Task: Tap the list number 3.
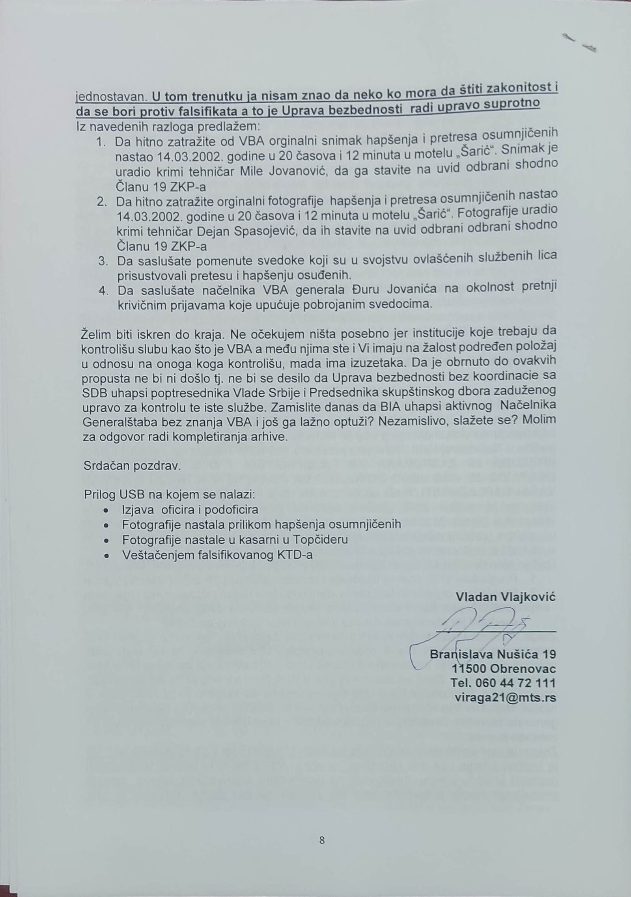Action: pyautogui.click(x=103, y=261)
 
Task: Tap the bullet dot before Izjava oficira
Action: pyautogui.click(x=105, y=510)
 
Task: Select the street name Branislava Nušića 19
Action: pyautogui.click(x=493, y=655)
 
